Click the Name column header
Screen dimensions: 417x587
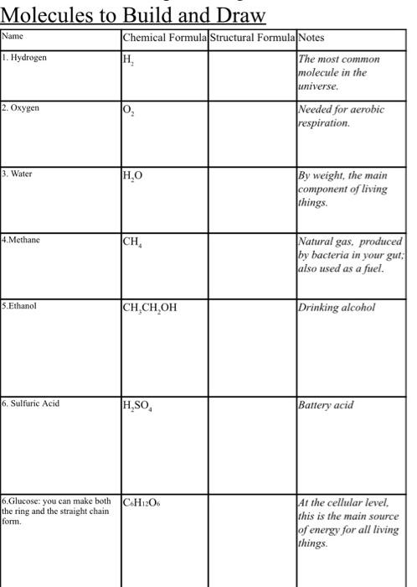13,37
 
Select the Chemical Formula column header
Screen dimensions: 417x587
163,38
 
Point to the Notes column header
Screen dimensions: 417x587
311,38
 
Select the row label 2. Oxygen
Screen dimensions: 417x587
22,108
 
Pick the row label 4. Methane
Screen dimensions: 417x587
23,240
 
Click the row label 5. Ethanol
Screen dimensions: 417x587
21,306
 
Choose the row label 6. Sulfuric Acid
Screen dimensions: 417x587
34,403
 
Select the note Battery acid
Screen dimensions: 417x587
326,404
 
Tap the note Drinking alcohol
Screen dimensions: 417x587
336,307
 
